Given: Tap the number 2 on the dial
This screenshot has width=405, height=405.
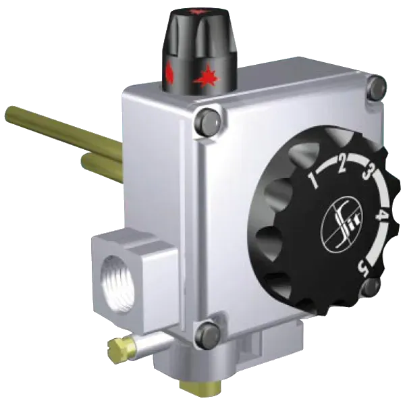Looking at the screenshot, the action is (342, 165).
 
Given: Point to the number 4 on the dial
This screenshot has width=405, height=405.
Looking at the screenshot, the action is (381, 215).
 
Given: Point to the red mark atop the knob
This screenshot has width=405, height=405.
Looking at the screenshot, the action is (197, 11).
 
